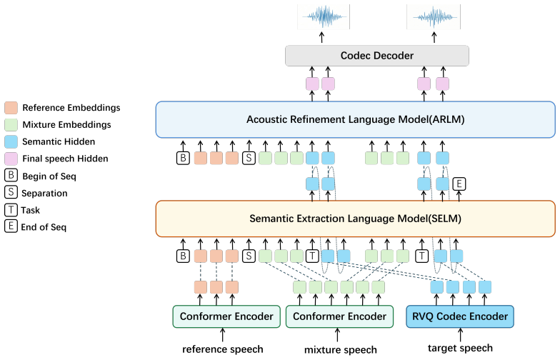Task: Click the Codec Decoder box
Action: coord(377,56)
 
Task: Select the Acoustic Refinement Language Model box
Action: coord(356,119)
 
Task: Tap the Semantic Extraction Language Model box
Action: coord(356,219)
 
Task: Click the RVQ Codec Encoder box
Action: coord(460,316)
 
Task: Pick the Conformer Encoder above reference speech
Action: coord(226,316)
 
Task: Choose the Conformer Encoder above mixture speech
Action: coord(339,316)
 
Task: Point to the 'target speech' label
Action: coord(460,348)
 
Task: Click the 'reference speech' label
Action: coord(223,349)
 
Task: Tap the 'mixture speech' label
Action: coord(340,350)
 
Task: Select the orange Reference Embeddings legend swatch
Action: coord(11,107)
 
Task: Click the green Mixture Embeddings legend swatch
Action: coord(11,124)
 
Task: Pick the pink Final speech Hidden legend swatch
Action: coord(11,159)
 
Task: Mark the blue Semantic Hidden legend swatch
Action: coord(11,141)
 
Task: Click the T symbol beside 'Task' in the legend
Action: coord(11,210)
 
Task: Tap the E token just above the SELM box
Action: coord(459,184)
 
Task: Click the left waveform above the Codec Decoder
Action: coord(324,16)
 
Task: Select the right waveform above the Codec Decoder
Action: coord(434,16)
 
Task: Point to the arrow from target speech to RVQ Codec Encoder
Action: coord(460,335)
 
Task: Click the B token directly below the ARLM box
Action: coord(183,158)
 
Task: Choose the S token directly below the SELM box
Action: coord(249,256)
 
